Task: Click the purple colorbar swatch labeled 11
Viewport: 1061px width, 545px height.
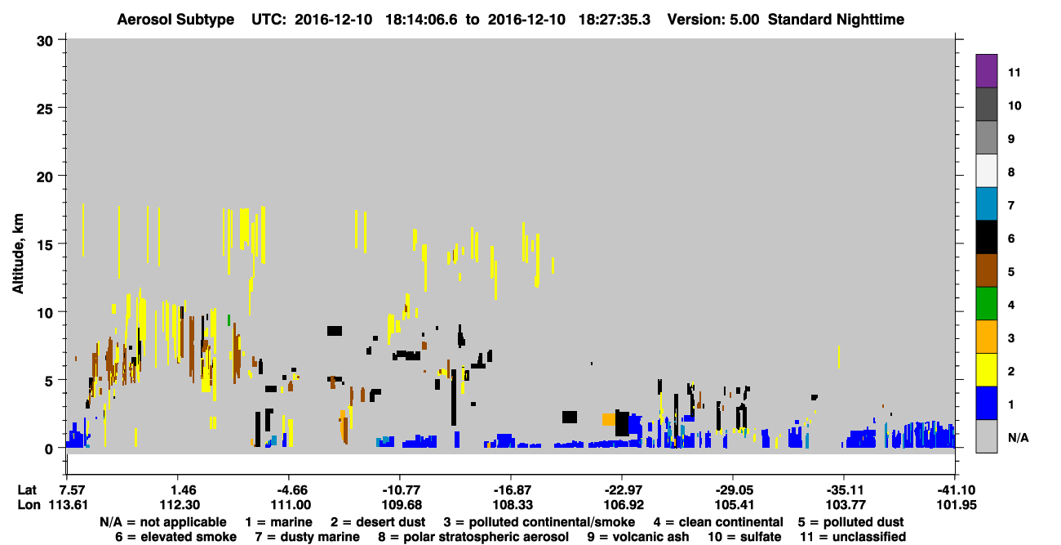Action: pos(986,70)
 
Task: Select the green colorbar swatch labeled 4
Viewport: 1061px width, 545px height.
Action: pos(986,304)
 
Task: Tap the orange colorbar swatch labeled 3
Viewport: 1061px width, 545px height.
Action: pos(986,337)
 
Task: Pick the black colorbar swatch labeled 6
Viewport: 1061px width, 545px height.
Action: pos(986,237)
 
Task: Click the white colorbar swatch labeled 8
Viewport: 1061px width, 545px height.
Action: pos(986,171)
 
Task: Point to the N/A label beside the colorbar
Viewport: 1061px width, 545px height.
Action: pos(1018,438)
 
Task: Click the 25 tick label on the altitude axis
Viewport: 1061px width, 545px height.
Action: pos(45,109)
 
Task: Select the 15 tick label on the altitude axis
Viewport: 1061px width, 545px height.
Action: pos(45,245)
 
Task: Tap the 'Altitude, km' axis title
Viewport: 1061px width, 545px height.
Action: pos(17,254)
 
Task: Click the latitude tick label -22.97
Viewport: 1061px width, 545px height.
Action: pos(624,490)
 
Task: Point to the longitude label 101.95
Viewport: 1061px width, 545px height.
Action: pos(957,505)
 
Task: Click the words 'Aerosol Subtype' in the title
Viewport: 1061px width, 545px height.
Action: pos(175,20)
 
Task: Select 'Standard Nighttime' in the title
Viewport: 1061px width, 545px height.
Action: pos(836,20)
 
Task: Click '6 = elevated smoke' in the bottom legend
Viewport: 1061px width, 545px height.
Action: pos(175,537)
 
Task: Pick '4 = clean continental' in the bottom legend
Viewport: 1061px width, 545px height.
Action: pos(718,522)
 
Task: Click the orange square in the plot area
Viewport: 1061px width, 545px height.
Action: pos(609,419)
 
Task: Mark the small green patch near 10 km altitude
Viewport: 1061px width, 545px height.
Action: pos(229,320)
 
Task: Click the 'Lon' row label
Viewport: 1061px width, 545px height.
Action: pos(29,505)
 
